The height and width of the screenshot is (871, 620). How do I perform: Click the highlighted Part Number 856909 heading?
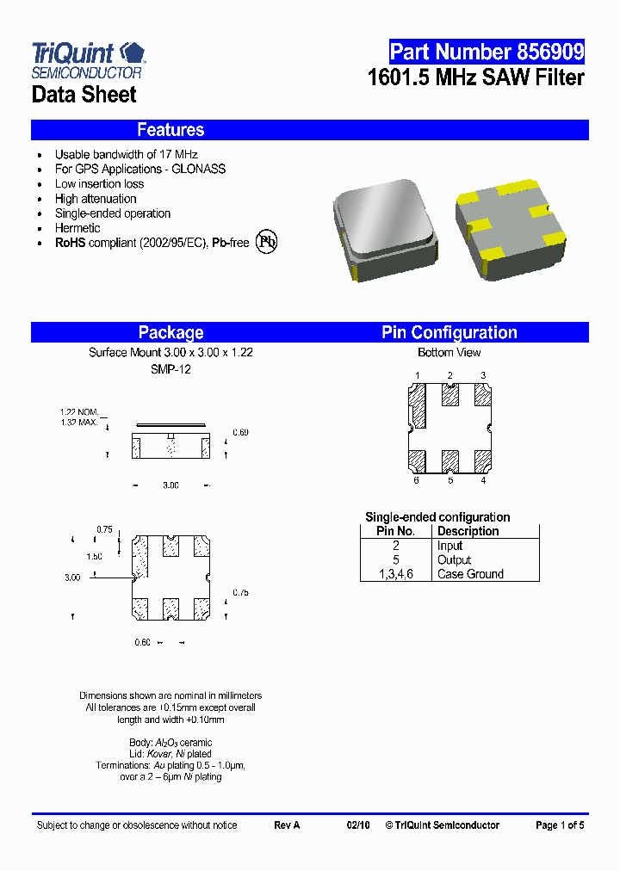click(487, 51)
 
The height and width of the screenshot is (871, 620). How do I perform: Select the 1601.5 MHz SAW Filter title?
click(475, 77)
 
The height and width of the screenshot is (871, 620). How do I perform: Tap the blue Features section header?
click(170, 130)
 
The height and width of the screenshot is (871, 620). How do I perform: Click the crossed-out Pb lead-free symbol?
click(269, 242)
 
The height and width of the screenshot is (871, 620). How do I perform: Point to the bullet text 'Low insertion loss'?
click(99, 184)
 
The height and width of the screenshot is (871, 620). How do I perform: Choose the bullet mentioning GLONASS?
click(139, 170)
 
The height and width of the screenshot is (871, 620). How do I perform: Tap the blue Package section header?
click(170, 332)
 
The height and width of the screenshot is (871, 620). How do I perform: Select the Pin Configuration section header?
click(449, 332)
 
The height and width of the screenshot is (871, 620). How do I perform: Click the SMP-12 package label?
click(170, 368)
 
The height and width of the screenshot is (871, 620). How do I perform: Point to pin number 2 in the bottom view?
click(449, 375)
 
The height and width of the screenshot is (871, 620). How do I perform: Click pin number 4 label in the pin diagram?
click(483, 480)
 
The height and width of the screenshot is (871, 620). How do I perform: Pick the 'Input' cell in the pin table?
click(449, 546)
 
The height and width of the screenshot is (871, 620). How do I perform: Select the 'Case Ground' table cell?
click(470, 574)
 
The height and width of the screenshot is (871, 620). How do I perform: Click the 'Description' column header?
click(468, 531)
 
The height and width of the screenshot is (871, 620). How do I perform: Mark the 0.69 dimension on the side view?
click(240, 432)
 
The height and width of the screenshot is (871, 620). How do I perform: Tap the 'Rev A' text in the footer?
click(287, 825)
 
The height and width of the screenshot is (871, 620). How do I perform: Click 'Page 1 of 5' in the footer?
click(559, 825)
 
